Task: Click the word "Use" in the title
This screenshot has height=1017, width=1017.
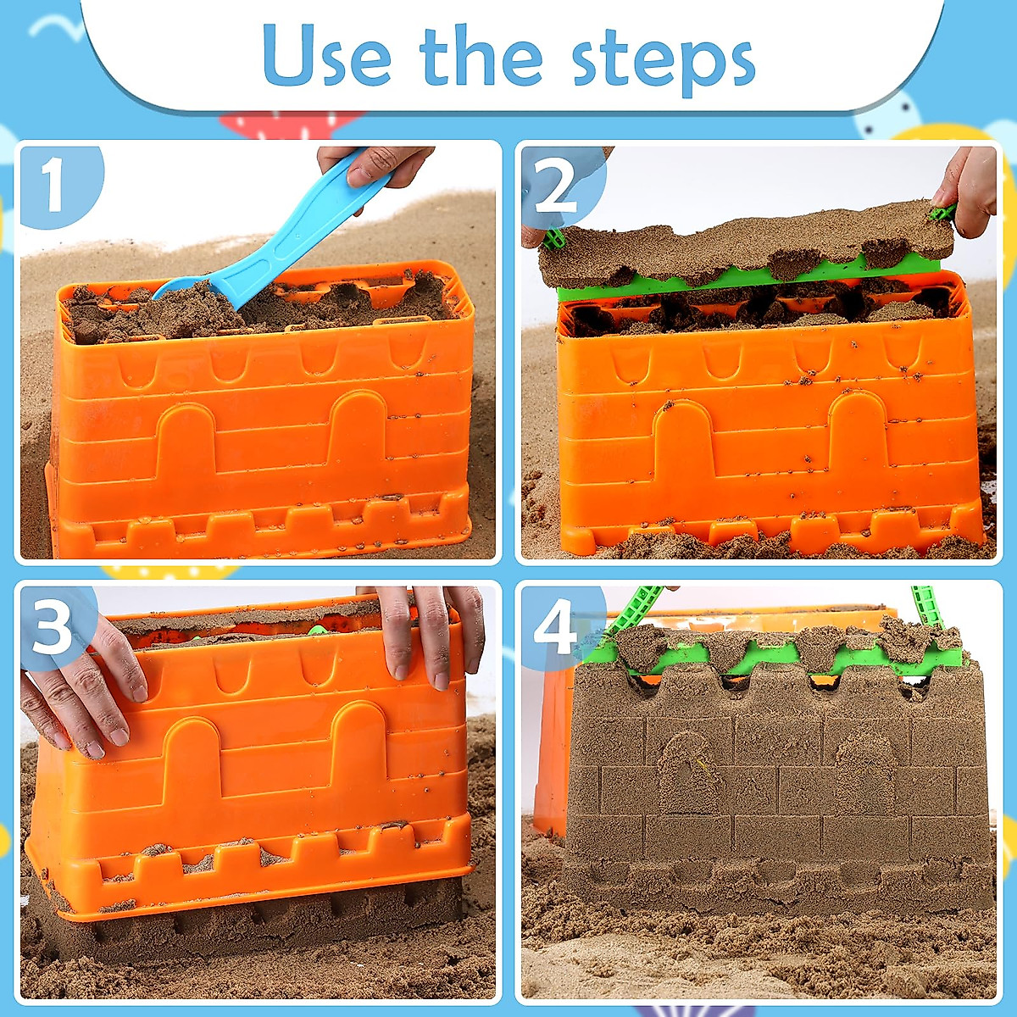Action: (x=326, y=55)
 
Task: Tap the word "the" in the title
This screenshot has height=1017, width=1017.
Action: (x=481, y=55)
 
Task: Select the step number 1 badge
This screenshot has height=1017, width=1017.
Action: (x=55, y=185)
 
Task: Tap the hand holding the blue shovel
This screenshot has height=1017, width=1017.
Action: (x=377, y=165)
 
